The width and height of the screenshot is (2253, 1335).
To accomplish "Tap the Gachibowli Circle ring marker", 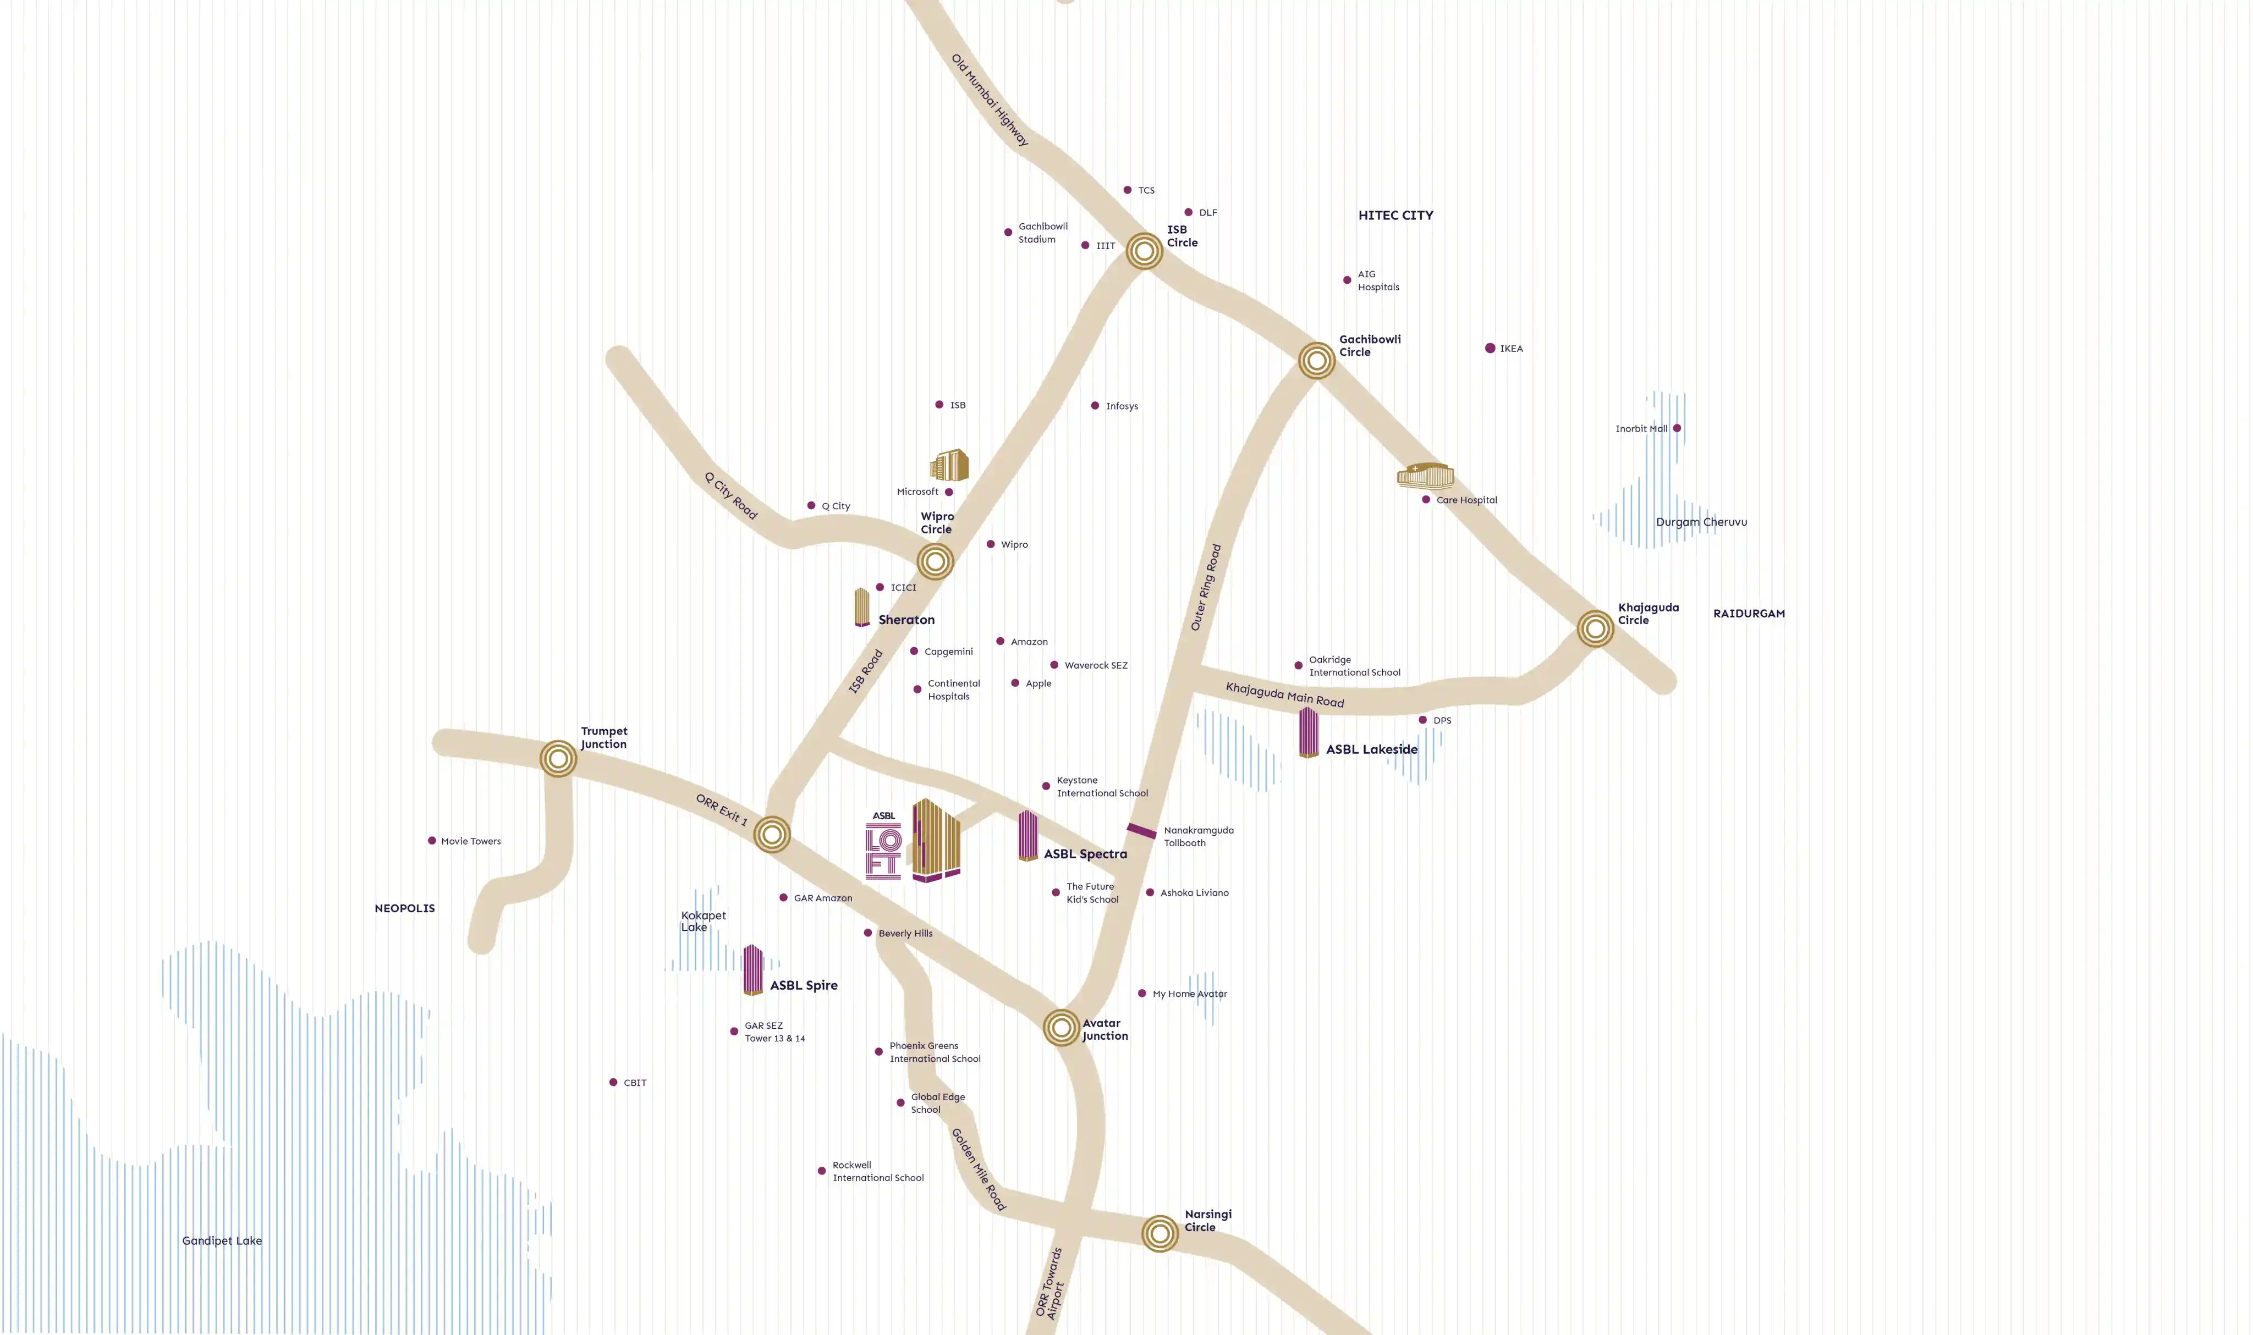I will [x=1316, y=361].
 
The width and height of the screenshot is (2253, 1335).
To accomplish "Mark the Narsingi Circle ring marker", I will [x=1160, y=1233].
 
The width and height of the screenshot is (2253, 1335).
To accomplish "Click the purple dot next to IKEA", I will [x=1490, y=348].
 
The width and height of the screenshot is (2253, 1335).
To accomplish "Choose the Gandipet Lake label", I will [x=222, y=1240].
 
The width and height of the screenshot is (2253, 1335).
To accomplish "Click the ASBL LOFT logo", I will [x=883, y=846].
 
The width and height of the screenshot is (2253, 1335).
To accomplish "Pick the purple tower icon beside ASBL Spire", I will [x=753, y=970].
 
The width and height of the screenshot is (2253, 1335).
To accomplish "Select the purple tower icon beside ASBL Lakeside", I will [x=1308, y=732].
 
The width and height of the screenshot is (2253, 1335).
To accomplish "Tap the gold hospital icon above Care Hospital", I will [x=1425, y=475].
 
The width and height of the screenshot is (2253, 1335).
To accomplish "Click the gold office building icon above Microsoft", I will [x=949, y=465].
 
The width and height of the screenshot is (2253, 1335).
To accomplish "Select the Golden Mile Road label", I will [x=979, y=1169].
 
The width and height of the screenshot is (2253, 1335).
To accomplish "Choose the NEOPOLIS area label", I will [x=405, y=908].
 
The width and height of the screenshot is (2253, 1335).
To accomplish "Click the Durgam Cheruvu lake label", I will [x=1701, y=522].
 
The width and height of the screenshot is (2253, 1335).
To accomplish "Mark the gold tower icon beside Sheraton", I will [x=862, y=607].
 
